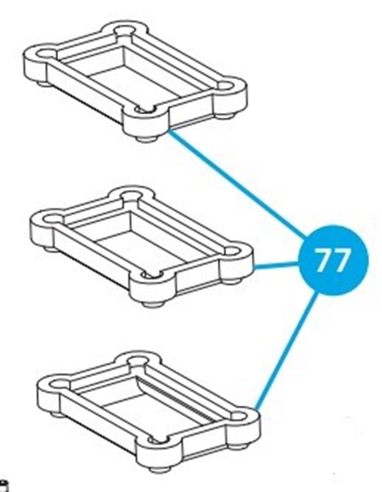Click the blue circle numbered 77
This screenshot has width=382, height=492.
pos(333,260)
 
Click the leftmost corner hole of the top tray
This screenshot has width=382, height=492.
pos(45,53)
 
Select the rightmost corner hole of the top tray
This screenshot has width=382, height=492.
pos(225,86)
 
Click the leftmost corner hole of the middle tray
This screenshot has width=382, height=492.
pos(51,218)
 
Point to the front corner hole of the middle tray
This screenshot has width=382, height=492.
pos(152,275)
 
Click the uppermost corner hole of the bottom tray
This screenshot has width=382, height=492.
pos(137,360)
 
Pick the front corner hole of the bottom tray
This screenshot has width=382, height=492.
pos(157,440)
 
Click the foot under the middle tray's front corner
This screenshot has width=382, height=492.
pos(153,304)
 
